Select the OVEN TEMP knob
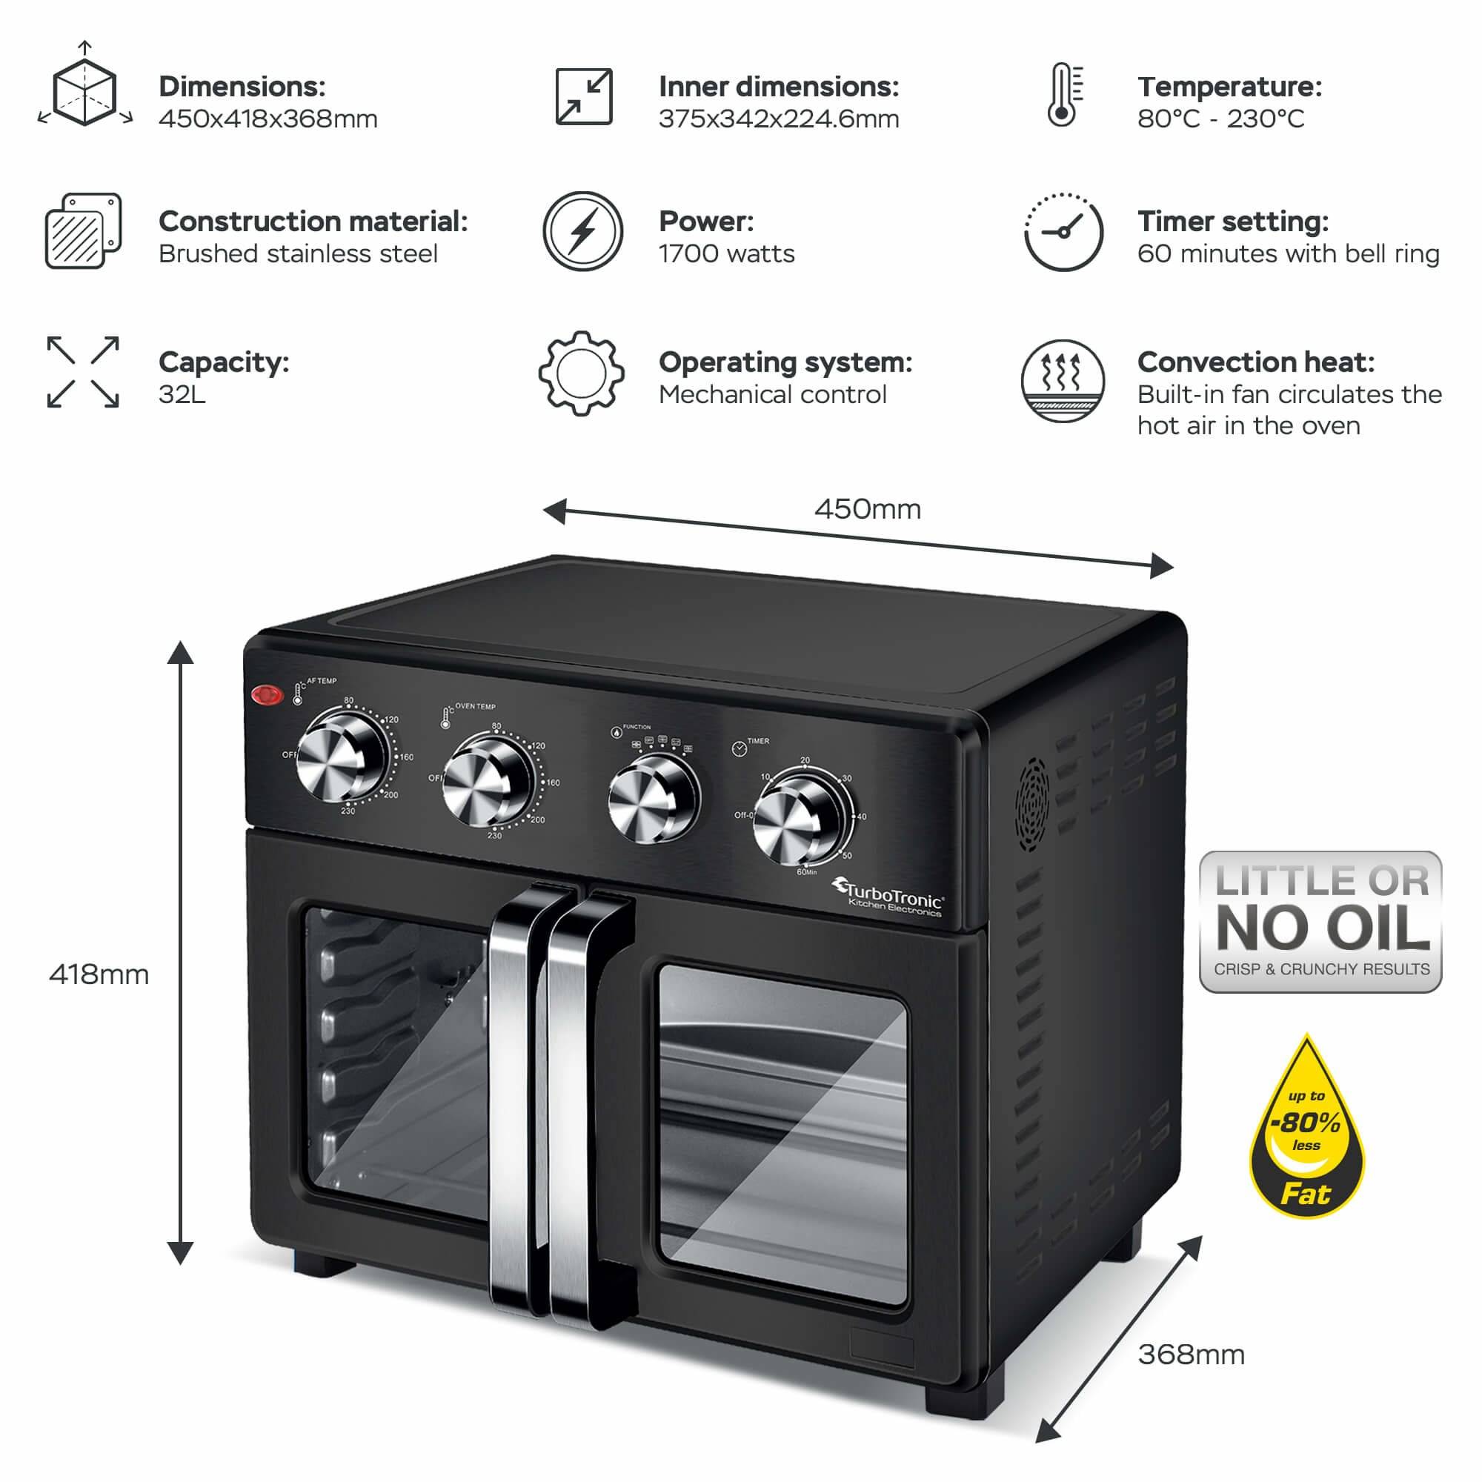(x=486, y=780)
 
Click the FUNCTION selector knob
(x=652, y=799)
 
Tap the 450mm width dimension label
(x=867, y=509)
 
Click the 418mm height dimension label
(x=99, y=974)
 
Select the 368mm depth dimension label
(x=1191, y=1355)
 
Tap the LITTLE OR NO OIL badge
(x=1320, y=922)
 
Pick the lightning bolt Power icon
(x=583, y=231)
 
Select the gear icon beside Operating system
(x=582, y=373)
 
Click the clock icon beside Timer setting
(x=1063, y=232)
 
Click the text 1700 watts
(x=726, y=254)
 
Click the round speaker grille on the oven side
(x=1032, y=804)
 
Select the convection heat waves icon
(x=1063, y=380)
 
